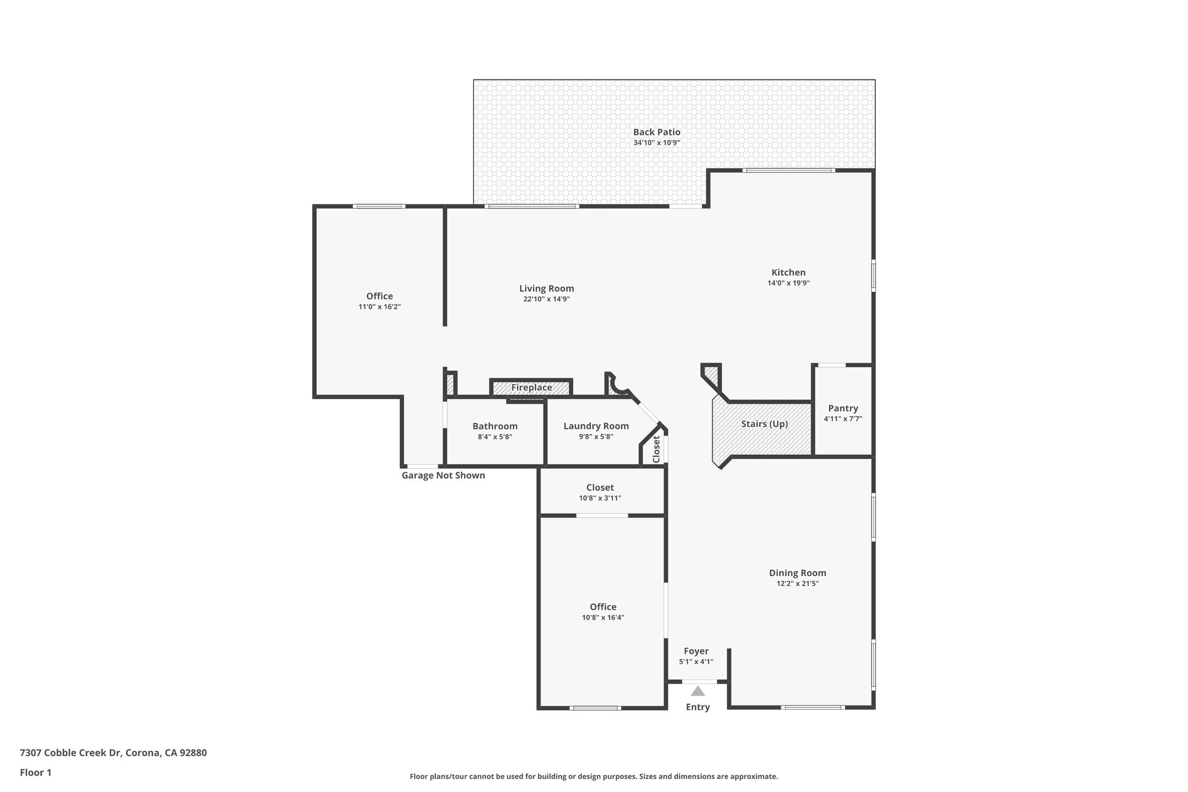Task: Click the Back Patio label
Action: [x=657, y=132]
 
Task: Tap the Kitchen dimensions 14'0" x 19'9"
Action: [x=788, y=283]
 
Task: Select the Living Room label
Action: [x=546, y=288]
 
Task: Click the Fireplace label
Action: [x=531, y=388]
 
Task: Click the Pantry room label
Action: [x=843, y=408]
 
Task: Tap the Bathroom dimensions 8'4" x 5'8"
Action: [x=495, y=437]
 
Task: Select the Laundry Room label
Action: [x=596, y=426]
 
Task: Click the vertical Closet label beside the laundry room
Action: [x=656, y=449]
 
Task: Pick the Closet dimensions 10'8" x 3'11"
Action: [x=600, y=498]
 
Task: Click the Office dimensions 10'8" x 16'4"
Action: [x=603, y=617]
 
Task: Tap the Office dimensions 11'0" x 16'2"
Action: [x=379, y=306]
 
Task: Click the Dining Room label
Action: [x=798, y=573]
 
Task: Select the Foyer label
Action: [x=696, y=651]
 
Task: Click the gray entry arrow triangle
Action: [x=698, y=691]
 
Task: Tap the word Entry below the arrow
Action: [x=698, y=707]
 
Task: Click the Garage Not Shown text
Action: [x=443, y=475]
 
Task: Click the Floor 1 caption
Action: [x=35, y=772]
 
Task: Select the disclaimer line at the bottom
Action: [x=593, y=776]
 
